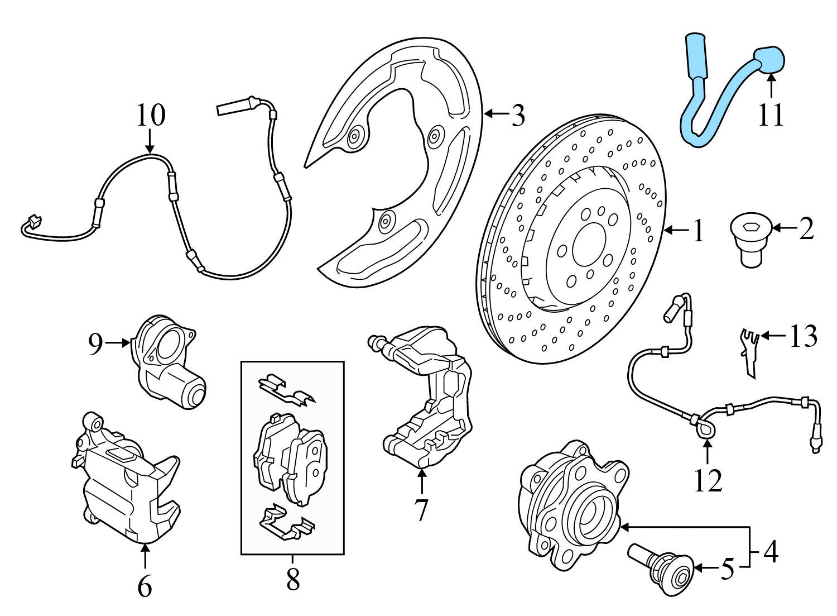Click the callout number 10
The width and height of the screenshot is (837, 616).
point(151,115)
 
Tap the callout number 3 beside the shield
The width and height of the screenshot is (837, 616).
point(518,116)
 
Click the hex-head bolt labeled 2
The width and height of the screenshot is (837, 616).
point(751,243)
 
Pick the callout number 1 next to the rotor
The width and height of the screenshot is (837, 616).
point(698,231)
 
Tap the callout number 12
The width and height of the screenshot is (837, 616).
point(708,480)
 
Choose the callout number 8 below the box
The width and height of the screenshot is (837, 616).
point(292,580)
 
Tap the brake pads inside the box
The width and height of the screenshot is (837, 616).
point(290,458)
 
